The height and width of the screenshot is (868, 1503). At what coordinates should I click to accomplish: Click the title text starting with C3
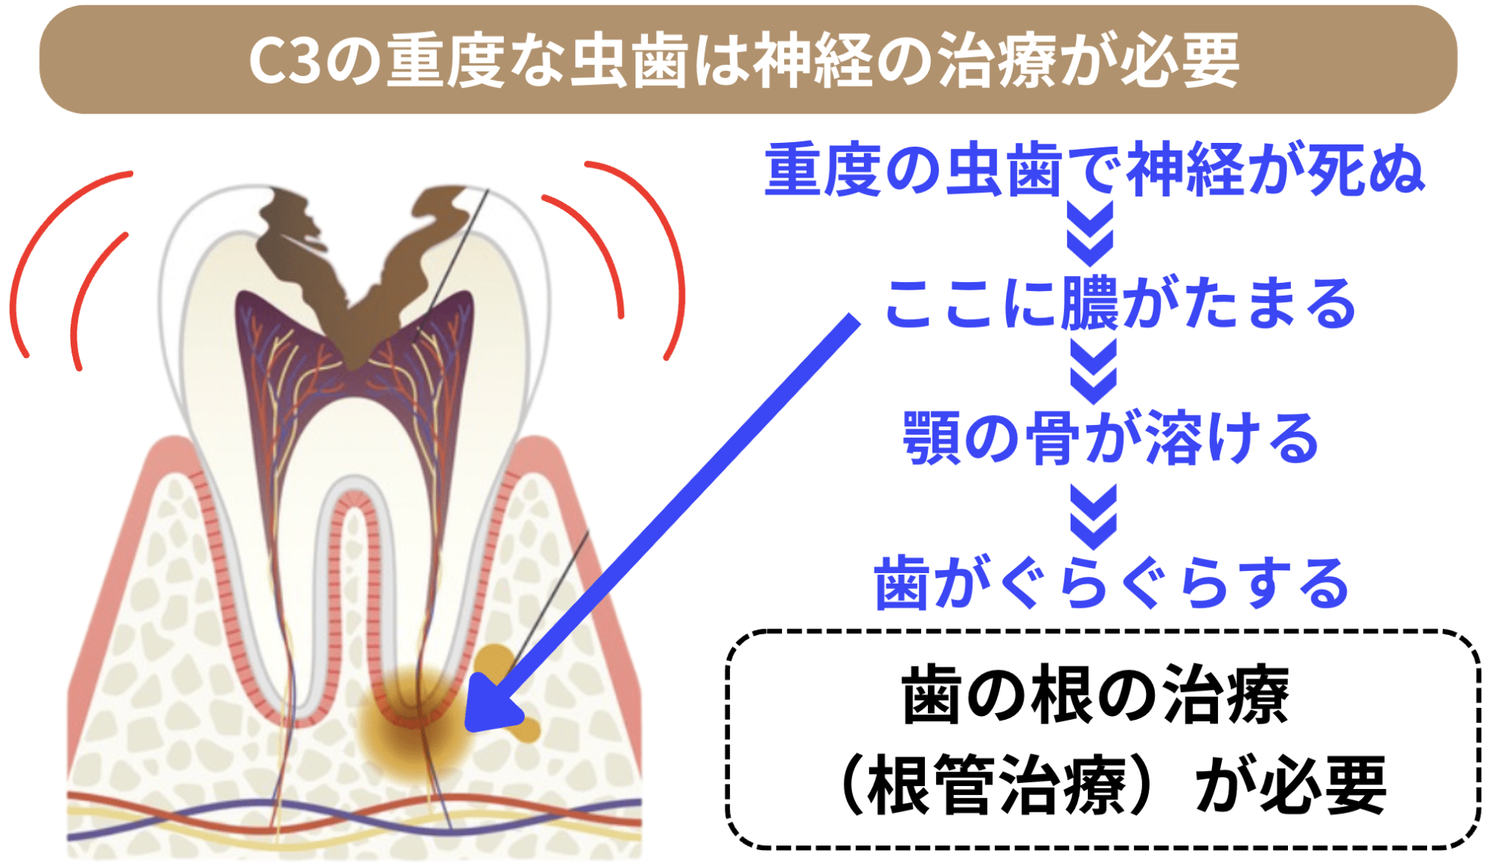click(x=744, y=60)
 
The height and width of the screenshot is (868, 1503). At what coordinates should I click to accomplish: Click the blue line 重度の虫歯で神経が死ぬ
click(x=1094, y=170)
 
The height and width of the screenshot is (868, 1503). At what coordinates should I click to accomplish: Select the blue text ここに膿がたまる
click(x=1120, y=303)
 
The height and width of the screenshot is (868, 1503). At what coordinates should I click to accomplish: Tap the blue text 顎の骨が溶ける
click(x=1111, y=438)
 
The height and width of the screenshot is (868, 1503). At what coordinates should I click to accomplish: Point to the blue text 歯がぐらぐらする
click(x=1111, y=581)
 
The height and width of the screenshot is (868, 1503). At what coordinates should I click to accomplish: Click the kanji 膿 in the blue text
click(x=1091, y=303)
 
